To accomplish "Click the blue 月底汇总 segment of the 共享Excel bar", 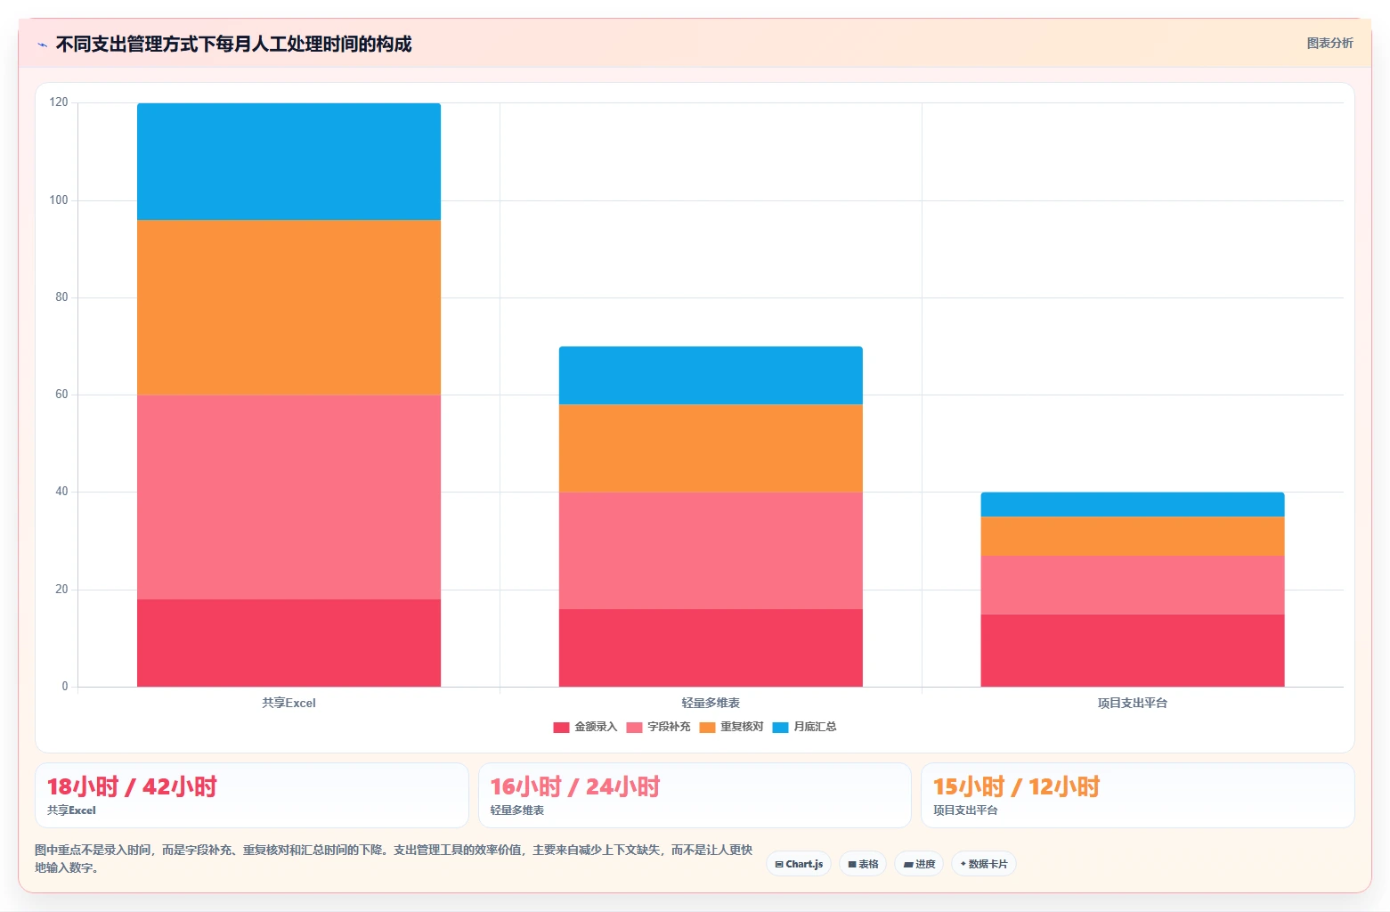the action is coord(289,161).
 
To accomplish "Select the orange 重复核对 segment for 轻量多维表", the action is coord(711,448).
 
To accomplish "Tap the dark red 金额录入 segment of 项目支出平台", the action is coord(1133,651).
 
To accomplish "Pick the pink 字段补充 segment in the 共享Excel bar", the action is coord(289,497).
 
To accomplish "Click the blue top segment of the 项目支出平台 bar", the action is coord(1133,504).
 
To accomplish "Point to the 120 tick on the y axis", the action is coord(59,102).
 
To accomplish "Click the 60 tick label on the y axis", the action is coord(61,395).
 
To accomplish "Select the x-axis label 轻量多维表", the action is coord(711,703).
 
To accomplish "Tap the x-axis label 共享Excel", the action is coord(289,703).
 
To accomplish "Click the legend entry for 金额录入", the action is coord(585,727).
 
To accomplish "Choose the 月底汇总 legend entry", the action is coord(804,727).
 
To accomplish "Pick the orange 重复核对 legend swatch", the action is coord(707,728).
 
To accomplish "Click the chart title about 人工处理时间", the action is coord(233,44).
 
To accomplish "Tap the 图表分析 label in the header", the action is coord(1329,44).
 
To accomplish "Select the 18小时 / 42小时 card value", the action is coord(132,786).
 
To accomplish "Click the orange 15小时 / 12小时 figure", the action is coord(1016,786).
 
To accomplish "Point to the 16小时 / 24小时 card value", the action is coord(575,786).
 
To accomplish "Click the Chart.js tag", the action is coord(799,864).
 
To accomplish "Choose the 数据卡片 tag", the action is coord(984,864).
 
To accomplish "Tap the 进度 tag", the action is coord(919,864).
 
